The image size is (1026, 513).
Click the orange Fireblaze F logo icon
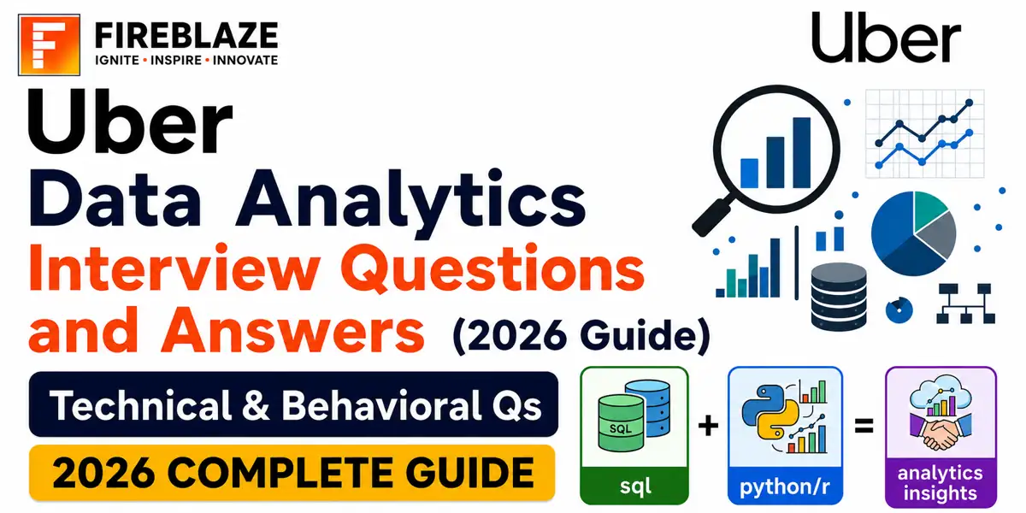coord(49,44)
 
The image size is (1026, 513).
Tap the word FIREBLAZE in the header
coord(186,36)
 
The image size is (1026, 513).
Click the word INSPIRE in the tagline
coord(176,60)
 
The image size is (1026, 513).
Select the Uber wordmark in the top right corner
coord(886,38)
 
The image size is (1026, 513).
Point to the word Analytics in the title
coord(410,201)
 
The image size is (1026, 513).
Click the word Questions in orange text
coord(492,270)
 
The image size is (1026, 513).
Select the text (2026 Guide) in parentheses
coord(581,336)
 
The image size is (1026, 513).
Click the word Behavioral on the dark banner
coord(381,406)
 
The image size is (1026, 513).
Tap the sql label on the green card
coord(634,486)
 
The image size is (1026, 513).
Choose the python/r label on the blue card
coord(785,486)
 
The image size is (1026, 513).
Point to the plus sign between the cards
coord(708,426)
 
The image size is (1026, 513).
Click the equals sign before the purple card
coord(864,426)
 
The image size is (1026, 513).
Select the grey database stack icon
coord(838,297)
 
